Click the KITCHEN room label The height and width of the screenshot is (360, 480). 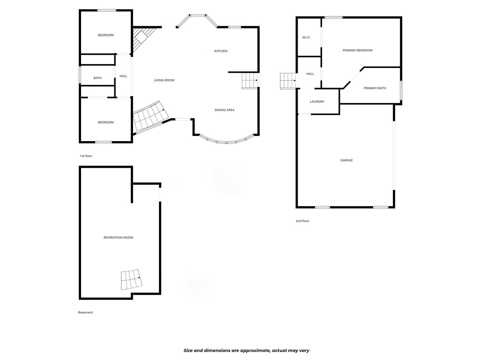(x=221, y=51)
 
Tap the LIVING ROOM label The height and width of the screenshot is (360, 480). (x=164, y=80)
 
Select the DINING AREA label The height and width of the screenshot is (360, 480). (x=225, y=110)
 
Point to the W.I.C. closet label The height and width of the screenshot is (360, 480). (x=307, y=37)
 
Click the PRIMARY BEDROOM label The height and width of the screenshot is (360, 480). (x=358, y=50)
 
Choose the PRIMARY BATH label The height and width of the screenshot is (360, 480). (x=375, y=88)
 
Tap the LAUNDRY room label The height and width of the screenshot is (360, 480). (x=317, y=102)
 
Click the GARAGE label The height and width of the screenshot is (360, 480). (x=346, y=160)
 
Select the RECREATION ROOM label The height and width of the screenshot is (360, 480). (x=118, y=238)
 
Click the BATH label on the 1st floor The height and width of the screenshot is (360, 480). (x=97, y=78)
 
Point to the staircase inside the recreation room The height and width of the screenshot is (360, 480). (x=131, y=280)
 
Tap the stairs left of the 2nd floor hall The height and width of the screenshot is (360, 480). (x=287, y=81)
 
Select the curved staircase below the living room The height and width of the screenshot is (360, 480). (x=150, y=117)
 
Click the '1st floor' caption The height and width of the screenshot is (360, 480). (x=86, y=156)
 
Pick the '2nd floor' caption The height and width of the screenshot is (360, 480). (x=302, y=221)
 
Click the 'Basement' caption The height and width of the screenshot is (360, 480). (x=86, y=313)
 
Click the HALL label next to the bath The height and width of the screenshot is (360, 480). (x=123, y=76)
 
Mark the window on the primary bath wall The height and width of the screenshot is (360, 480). (x=401, y=90)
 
